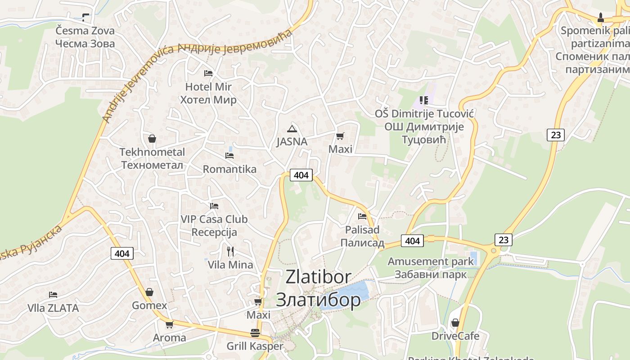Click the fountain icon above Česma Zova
tap(85, 18)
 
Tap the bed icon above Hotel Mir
tap(208, 73)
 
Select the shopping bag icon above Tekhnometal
tap(152, 138)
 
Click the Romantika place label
tap(229, 169)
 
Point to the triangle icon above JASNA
tap(292, 129)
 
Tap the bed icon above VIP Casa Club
tap(214, 206)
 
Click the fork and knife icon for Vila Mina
tap(230, 251)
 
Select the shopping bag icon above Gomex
tap(149, 292)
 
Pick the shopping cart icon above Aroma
tap(169, 324)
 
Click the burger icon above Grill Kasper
tap(255, 333)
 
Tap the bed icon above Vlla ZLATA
tap(53, 295)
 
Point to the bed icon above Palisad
tap(362, 216)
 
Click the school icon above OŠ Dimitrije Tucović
tap(423, 100)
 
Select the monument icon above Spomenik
tap(600, 18)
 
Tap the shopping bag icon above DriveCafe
tap(455, 323)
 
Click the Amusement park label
tap(431, 261)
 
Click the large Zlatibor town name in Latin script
tap(319, 277)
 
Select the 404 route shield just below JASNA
tap(301, 175)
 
